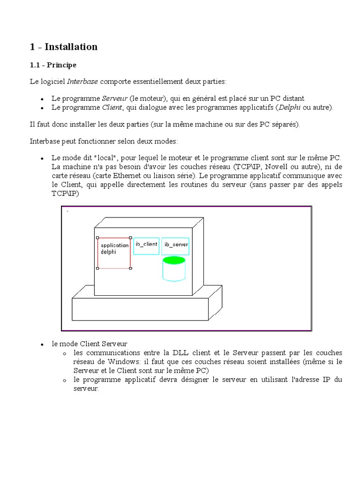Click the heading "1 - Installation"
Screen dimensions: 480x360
63,47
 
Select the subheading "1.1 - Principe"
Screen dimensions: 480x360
52,65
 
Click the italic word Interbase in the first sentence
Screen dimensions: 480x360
82,82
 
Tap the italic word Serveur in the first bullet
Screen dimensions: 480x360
115,98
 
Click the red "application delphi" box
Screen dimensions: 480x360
114,253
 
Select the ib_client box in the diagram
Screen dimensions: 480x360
146,246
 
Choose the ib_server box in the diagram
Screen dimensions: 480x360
176,246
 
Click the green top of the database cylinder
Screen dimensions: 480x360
173,260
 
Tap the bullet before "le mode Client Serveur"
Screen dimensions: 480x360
42,344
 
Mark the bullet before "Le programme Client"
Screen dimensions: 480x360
42,108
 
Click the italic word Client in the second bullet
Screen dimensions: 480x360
112,107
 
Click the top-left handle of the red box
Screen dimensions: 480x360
97,238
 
